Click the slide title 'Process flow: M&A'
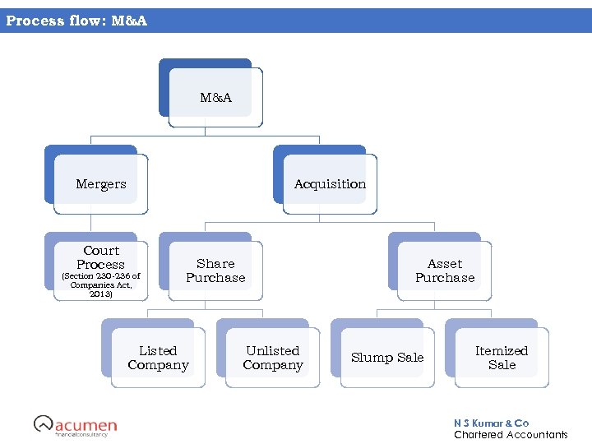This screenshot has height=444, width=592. (76, 21)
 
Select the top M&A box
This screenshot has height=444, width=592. (215, 98)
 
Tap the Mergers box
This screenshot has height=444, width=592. (101, 184)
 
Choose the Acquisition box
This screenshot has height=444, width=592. (330, 184)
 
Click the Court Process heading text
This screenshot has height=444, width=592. (101, 257)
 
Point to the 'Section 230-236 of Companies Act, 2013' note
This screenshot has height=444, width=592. (101, 284)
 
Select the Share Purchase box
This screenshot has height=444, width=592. (215, 271)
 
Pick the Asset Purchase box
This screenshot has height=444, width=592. (445, 271)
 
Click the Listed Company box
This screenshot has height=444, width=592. (158, 358)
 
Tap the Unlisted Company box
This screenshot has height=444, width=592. (273, 358)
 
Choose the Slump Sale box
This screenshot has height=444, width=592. (387, 358)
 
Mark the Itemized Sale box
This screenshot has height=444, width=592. (502, 358)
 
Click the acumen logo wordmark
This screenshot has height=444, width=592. (86, 425)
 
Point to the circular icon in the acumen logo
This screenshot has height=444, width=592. (43, 423)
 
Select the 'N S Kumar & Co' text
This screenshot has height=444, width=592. (491, 423)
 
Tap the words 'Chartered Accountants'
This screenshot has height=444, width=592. (511, 434)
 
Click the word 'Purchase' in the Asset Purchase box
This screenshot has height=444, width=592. (445, 278)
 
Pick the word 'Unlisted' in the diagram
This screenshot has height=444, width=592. (273, 350)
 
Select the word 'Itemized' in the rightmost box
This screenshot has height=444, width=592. (502, 350)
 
